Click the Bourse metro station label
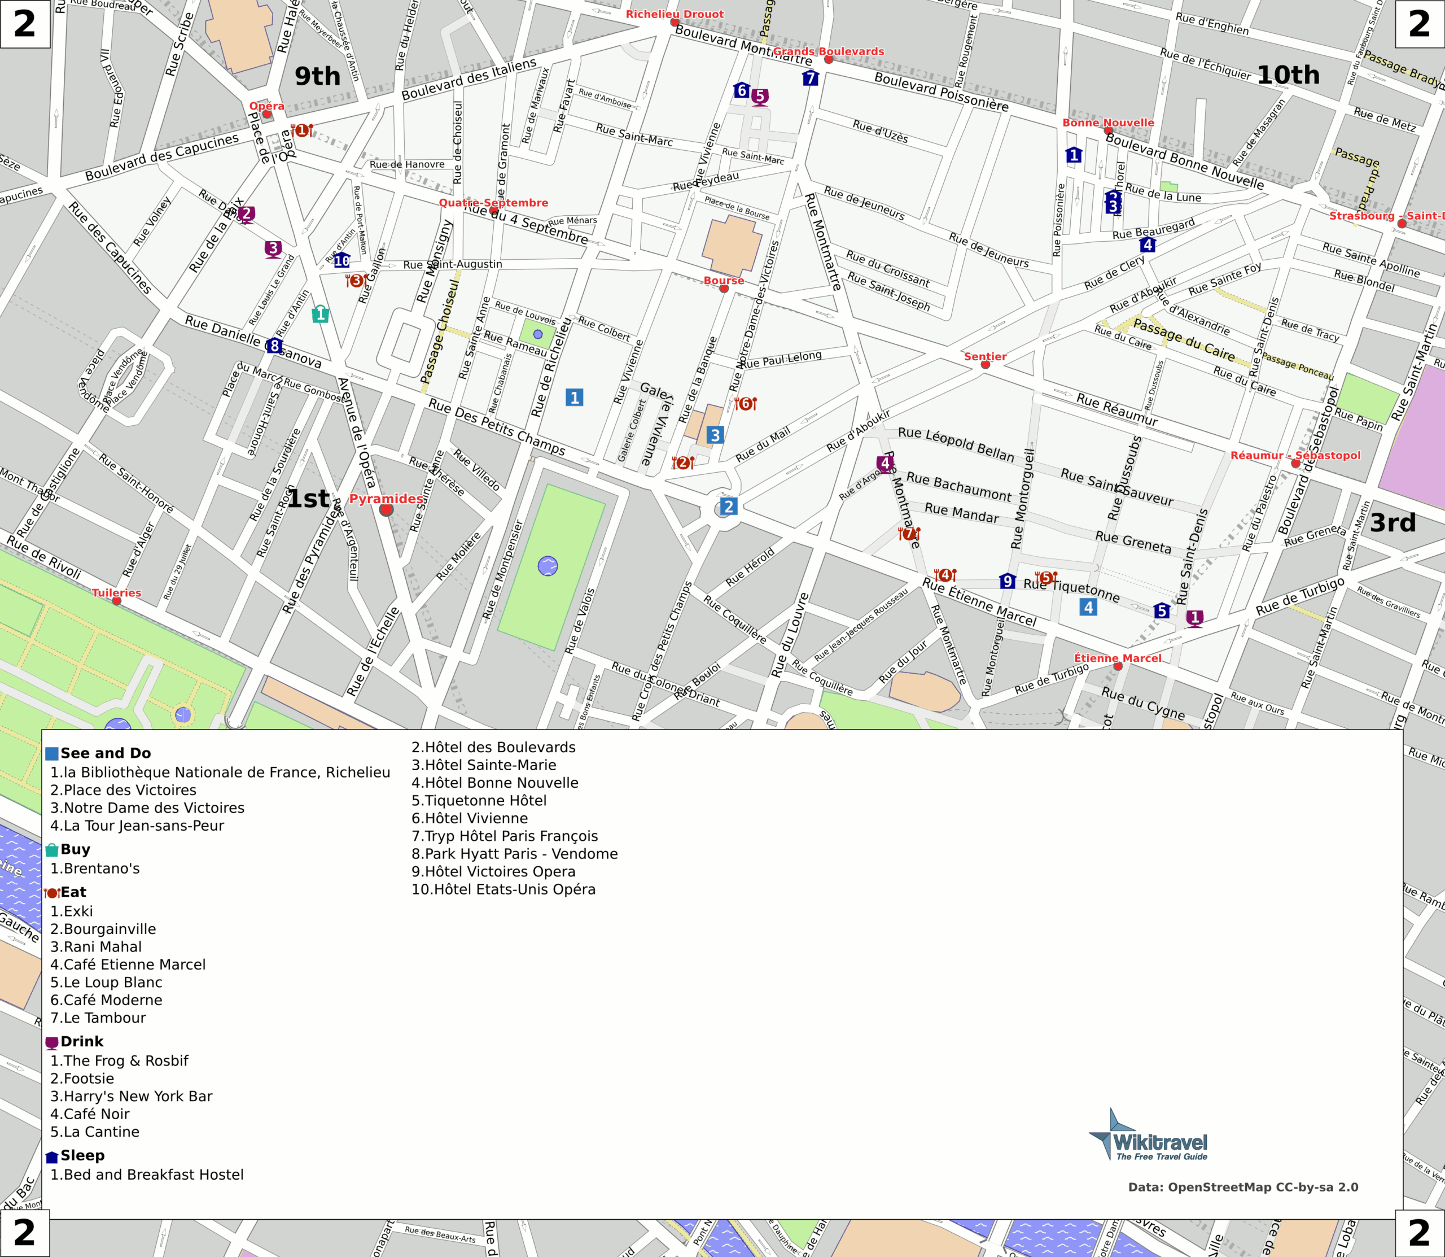[x=724, y=281]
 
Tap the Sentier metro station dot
[x=985, y=365]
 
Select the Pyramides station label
[x=386, y=499]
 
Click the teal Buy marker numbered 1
[x=321, y=313]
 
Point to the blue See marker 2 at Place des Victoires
[x=729, y=507]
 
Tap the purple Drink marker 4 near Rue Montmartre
[x=885, y=464]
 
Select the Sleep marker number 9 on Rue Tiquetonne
[x=1008, y=581]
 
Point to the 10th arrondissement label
[x=1288, y=75]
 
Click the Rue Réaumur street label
[x=1117, y=409]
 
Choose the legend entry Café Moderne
[x=106, y=1000]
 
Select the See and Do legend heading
[x=105, y=753]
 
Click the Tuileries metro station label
[x=116, y=593]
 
